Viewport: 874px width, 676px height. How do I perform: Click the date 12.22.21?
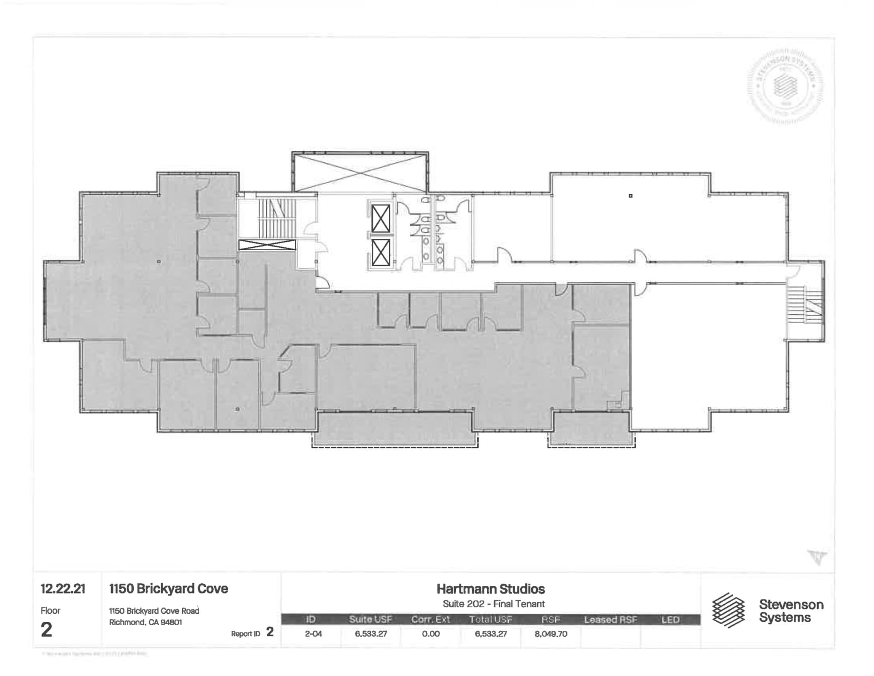coord(63,589)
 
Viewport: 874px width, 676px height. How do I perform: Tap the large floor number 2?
coord(47,629)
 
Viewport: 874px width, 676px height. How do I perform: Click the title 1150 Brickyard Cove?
coord(169,588)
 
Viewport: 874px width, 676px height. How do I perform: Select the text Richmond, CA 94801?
coord(146,622)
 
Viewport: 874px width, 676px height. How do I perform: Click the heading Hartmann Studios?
coord(490,589)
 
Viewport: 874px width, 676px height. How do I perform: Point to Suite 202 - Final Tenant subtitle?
coord(493,604)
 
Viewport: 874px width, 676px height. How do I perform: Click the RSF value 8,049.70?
coord(551,634)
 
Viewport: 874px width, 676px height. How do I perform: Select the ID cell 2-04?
coord(313,634)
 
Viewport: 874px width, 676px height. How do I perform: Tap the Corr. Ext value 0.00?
coord(431,634)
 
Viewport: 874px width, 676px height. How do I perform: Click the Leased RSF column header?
coord(610,620)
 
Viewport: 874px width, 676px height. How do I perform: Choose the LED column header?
coord(670,620)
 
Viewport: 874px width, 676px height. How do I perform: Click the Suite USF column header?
coord(370,620)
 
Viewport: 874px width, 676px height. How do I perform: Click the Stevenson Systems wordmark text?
coord(791,611)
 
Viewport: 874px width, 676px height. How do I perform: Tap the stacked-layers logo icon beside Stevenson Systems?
coord(728,610)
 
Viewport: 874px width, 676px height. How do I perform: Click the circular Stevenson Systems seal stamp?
coord(785,88)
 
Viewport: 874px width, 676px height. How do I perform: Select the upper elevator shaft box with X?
coord(380,219)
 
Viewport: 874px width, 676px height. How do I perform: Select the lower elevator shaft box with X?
coord(380,252)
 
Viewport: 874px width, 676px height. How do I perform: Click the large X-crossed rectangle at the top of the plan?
coord(360,173)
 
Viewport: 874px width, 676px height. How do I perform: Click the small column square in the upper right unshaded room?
coord(630,196)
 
